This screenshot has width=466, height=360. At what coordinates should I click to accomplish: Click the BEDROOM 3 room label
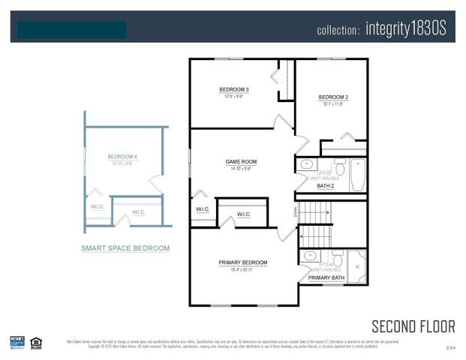coord(234,89)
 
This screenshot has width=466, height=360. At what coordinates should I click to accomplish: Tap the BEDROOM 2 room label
coord(333,97)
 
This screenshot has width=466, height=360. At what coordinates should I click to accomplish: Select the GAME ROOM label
coord(241,161)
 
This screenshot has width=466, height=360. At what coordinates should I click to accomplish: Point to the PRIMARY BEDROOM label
coord(242,262)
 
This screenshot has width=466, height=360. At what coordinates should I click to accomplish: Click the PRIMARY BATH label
coord(326,278)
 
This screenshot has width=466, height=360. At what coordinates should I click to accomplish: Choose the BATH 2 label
coord(325,185)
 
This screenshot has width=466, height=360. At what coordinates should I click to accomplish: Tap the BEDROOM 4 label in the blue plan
coord(122,157)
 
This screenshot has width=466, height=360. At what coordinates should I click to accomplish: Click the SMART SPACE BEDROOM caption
coord(125,248)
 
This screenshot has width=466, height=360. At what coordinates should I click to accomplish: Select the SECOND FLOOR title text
coord(413,326)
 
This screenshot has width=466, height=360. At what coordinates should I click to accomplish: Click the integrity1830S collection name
coord(406,29)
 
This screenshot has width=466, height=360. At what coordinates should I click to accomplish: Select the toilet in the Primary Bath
coord(338,259)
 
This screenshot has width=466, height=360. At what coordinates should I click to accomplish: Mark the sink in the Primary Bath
coord(308,256)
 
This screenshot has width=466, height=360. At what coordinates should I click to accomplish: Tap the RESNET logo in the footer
coord(17,342)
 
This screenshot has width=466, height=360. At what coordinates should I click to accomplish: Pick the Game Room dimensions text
coord(241,169)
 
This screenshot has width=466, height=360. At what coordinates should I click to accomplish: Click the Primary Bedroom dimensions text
coord(242,269)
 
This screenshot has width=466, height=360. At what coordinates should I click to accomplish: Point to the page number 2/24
coord(450,348)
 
